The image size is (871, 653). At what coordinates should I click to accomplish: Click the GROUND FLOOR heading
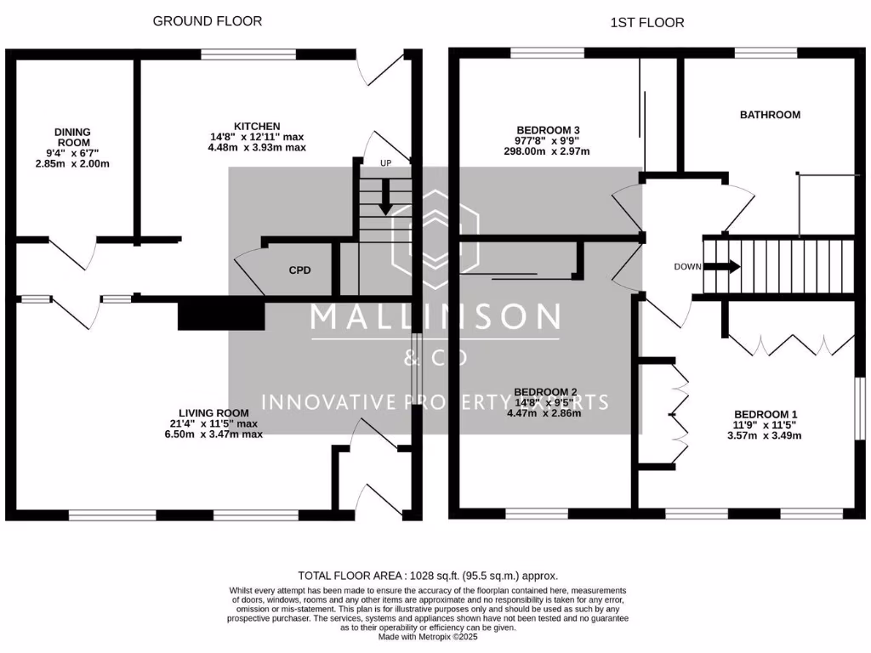click(x=208, y=20)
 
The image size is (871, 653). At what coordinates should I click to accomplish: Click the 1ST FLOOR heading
click(x=647, y=22)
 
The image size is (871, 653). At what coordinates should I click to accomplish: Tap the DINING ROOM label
click(x=72, y=138)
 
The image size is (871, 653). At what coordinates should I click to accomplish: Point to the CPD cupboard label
click(x=299, y=270)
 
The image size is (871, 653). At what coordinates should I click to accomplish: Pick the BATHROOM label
click(x=770, y=115)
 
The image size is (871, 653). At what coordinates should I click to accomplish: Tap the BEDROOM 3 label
click(x=549, y=130)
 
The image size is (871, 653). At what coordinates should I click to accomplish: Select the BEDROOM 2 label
click(x=546, y=392)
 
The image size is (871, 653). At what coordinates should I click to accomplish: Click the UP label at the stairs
click(x=385, y=162)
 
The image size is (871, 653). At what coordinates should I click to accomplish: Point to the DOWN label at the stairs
click(x=687, y=266)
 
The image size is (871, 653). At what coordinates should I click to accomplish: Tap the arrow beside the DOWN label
click(x=722, y=266)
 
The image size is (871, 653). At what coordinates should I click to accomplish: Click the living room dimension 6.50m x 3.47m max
click(x=216, y=434)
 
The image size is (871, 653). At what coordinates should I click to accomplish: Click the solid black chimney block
click(x=221, y=313)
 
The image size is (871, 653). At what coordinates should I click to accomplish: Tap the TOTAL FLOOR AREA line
click(x=435, y=575)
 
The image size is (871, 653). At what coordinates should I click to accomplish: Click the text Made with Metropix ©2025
click(x=435, y=637)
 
